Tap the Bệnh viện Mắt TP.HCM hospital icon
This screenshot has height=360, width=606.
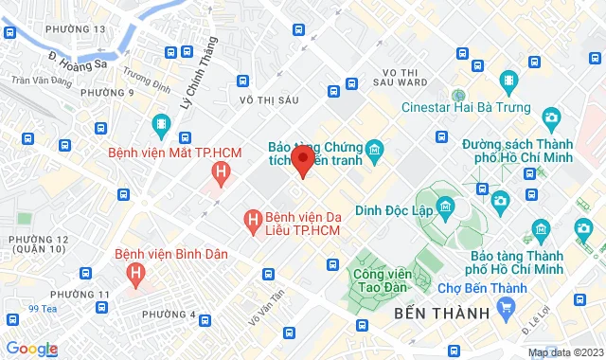pos(222,172)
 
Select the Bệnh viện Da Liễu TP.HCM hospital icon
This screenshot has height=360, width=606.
pos(253,220)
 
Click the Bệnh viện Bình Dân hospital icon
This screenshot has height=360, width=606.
pos(136,275)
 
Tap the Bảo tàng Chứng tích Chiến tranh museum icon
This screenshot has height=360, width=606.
pos(374,150)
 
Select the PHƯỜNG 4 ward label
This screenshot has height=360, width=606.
pos(169,315)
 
